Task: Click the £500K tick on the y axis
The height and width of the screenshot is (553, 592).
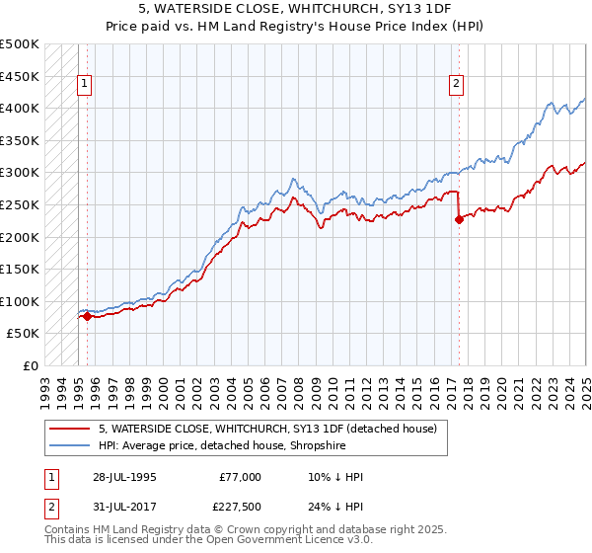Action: (20, 44)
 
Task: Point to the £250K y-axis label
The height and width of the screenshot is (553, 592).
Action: (20, 204)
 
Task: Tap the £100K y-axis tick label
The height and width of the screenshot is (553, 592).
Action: (20, 301)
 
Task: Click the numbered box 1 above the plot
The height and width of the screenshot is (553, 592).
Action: (85, 85)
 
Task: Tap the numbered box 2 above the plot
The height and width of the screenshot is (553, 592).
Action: (457, 85)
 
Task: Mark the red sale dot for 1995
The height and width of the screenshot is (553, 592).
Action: (87, 316)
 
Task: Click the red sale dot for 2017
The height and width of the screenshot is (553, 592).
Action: (459, 220)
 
